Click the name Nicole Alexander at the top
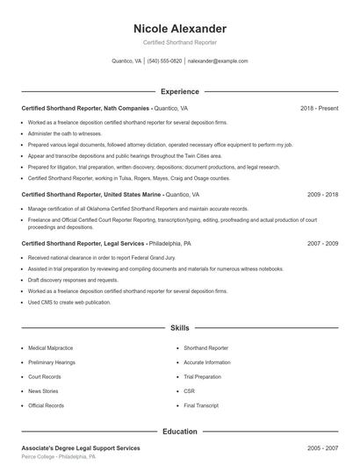point(180,29)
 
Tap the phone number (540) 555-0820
point(164,61)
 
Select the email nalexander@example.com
point(218,61)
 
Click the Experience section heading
point(180,91)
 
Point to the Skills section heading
point(180,327)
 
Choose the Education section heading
point(180,432)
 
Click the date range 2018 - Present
point(320,108)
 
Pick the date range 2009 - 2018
point(323,194)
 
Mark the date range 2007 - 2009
point(323,242)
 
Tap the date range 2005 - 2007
point(323,447)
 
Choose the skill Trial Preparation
point(202,376)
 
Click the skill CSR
point(189,390)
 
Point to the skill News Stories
point(45,390)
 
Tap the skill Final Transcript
point(201,405)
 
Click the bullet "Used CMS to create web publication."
point(69,302)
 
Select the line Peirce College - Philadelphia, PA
point(59,457)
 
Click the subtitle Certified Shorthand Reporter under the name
point(180,42)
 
